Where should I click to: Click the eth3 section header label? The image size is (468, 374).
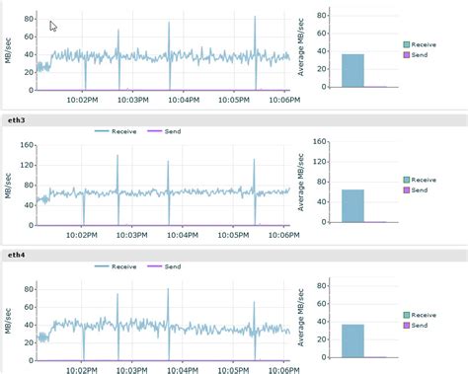click(14, 118)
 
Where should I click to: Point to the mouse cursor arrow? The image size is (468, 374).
click(52, 26)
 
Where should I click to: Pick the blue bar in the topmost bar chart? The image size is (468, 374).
click(352, 70)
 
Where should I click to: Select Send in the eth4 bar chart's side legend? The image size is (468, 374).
click(419, 325)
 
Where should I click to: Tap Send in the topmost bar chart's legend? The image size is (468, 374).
click(419, 55)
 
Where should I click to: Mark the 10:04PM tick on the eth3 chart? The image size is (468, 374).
click(185, 235)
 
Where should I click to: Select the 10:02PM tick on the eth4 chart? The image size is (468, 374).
click(83, 369)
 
